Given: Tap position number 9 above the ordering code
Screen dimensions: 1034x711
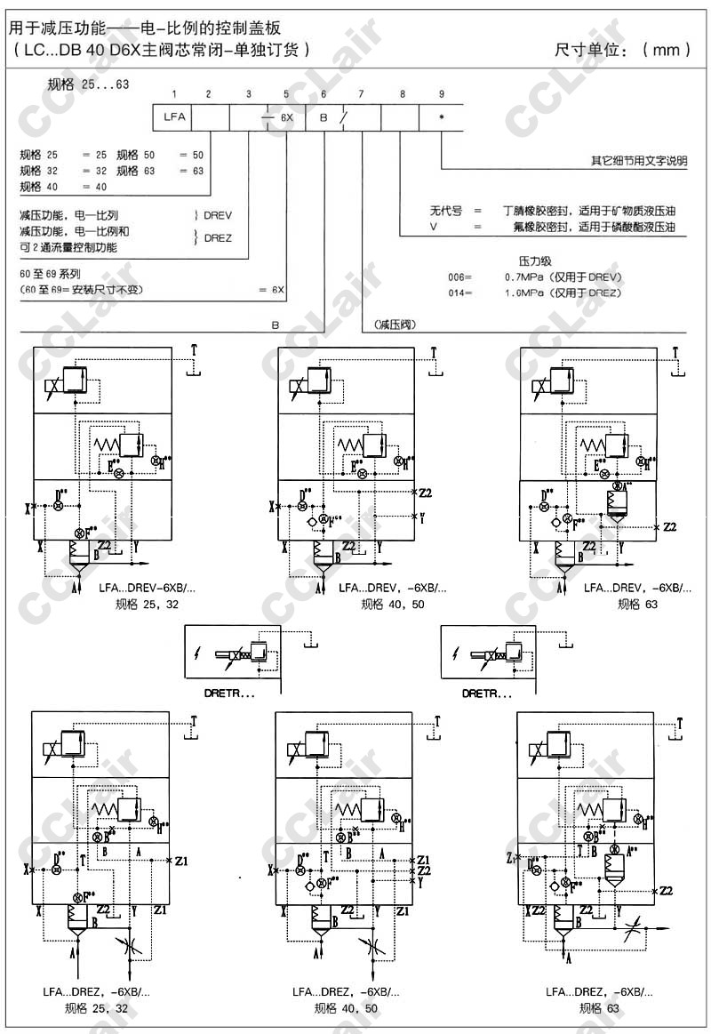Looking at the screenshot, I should click(x=441, y=94).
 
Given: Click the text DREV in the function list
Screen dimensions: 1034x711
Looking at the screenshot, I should click(x=218, y=215).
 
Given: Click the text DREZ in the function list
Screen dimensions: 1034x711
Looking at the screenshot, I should click(x=218, y=237).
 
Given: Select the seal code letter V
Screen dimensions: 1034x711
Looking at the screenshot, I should click(x=434, y=228).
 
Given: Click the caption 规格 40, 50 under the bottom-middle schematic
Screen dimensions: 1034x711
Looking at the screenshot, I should click(x=346, y=1008).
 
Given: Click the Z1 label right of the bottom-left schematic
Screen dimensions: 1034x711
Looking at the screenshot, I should click(x=181, y=861).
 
